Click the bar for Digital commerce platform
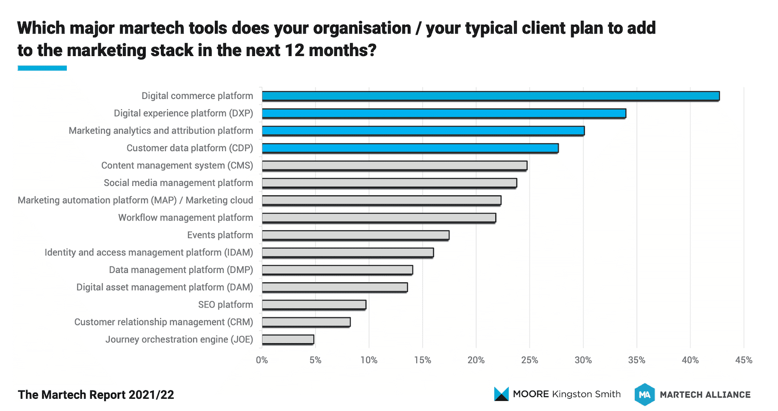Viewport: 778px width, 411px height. pos(491,96)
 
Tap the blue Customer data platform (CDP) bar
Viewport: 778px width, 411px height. pos(410,148)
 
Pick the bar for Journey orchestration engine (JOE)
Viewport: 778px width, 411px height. pos(288,339)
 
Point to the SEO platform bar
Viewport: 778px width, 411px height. pos(314,305)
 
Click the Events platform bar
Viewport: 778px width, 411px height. pos(355,235)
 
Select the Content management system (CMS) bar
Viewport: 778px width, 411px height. pos(394,165)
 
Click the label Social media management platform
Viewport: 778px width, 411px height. pos(178,183)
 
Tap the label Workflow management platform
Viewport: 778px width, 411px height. pos(185,218)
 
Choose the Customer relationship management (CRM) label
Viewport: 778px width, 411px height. pos(164,322)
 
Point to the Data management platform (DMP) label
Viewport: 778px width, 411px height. pos(181,270)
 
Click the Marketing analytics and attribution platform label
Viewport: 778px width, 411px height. pos(161,131)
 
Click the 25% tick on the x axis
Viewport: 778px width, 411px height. pos(530,360)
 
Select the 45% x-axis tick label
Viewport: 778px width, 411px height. pos(744,360)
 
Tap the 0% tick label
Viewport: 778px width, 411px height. pos(262,360)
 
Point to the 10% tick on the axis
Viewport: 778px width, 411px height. pos(369,360)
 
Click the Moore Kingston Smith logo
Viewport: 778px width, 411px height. pos(557,394)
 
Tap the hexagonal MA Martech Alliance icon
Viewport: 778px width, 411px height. pos(644,394)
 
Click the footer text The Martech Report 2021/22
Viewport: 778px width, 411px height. pos(96,395)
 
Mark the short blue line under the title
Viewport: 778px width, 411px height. pos(42,68)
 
